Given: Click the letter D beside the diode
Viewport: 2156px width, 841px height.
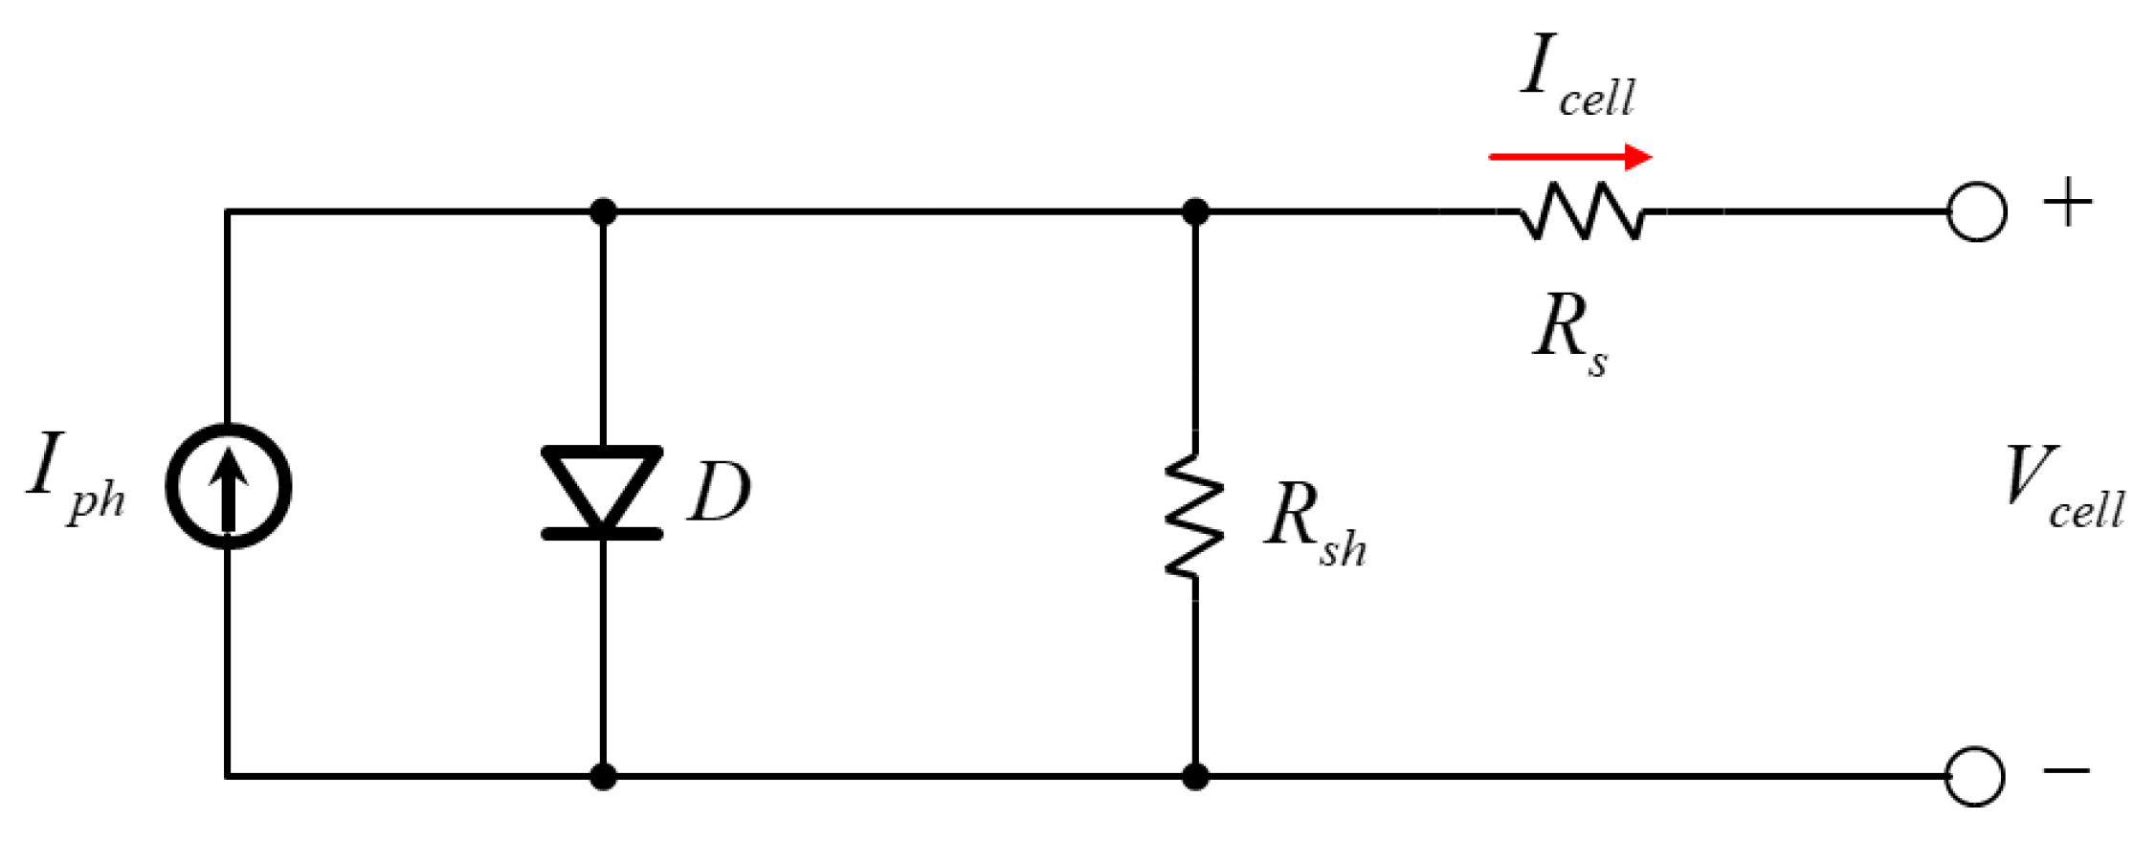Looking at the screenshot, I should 720,492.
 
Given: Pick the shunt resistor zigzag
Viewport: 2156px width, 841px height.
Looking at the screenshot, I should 1194,518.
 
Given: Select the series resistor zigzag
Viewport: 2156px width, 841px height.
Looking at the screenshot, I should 1583,211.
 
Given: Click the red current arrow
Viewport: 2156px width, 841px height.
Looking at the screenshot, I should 1570,157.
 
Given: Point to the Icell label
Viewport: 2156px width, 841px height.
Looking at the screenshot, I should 1577,77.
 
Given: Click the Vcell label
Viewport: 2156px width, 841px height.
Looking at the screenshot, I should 2062,488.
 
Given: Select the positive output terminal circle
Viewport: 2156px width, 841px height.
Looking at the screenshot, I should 1976,211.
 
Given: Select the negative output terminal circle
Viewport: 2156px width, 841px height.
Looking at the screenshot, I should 1974,776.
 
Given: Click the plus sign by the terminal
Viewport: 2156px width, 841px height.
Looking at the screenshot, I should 2067,202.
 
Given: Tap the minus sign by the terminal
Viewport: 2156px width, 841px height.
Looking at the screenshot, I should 2067,769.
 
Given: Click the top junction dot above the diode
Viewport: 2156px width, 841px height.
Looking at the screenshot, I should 603,211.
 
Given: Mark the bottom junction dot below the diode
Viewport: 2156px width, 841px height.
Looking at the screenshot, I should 603,776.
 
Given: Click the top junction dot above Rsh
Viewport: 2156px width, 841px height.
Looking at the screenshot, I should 1194,211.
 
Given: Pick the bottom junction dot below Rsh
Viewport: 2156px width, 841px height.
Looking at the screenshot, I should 1194,776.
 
